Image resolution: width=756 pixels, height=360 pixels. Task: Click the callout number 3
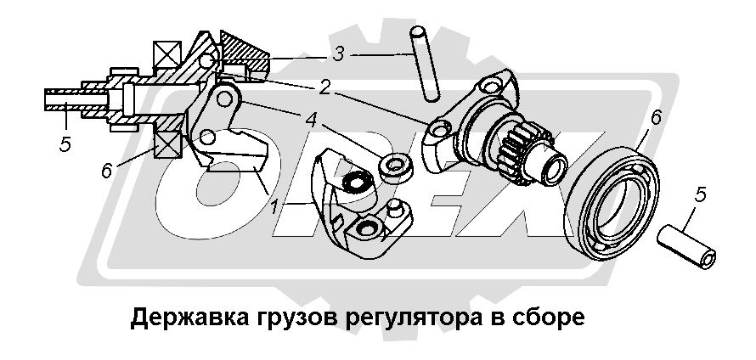click(338, 54)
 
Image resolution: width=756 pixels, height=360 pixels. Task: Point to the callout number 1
click(274, 208)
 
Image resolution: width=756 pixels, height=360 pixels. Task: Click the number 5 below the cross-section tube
click(65, 144)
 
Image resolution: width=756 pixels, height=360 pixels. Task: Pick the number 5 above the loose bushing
click(700, 194)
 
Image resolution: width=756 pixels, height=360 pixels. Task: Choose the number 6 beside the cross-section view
click(107, 170)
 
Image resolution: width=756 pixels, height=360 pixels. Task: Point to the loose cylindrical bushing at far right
click(686, 245)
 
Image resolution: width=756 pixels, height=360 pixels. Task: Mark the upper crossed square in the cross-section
click(166, 55)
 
